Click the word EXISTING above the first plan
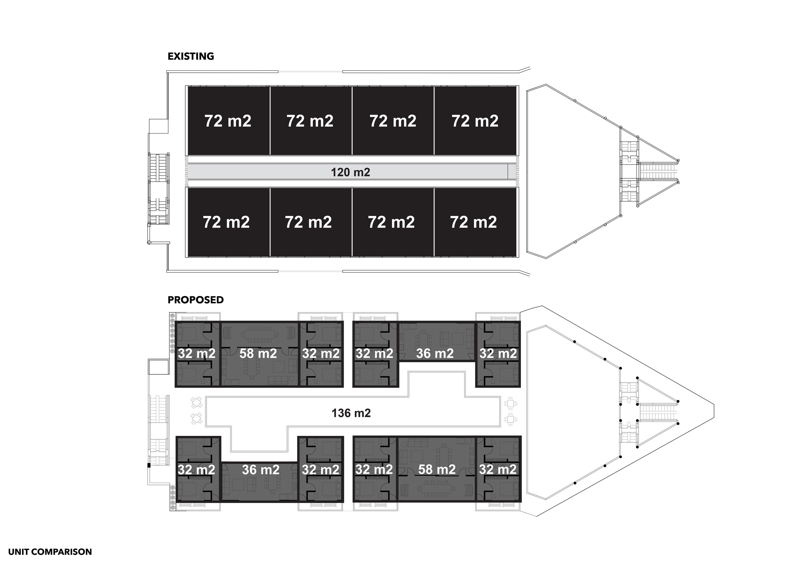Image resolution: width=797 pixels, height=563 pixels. tap(191, 56)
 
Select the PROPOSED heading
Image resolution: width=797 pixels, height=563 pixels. tap(195, 300)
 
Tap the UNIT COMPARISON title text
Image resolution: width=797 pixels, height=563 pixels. tap(50, 552)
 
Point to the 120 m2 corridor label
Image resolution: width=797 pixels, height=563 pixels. tap(350, 172)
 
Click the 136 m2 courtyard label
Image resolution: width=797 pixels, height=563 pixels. tap(351, 413)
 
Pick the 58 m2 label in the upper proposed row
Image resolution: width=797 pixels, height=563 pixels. tap(258, 353)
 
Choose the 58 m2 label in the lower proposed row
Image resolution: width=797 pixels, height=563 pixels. tap(437, 469)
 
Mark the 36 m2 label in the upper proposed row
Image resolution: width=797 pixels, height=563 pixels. tap(435, 353)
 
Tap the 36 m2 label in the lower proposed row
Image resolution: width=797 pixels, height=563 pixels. tap(260, 469)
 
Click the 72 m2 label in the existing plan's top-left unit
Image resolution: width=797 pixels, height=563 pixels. tap(228, 121)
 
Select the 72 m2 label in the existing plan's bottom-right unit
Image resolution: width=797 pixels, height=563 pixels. tap(473, 222)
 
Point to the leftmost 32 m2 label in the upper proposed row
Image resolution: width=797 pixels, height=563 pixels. tap(196, 353)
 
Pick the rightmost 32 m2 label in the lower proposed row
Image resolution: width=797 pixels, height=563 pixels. tap(498, 469)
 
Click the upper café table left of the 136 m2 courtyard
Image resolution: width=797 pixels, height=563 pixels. tap(196, 402)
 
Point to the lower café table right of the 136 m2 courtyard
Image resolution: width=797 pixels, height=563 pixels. tap(510, 419)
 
